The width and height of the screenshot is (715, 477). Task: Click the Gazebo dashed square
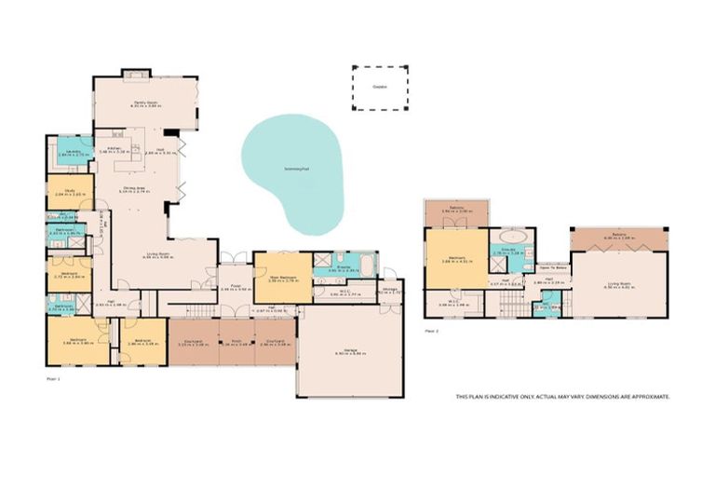379,87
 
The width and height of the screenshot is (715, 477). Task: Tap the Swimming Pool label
298,169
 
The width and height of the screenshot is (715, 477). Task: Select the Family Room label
144,103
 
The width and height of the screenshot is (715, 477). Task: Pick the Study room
71,192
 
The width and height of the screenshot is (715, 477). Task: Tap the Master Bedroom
282,276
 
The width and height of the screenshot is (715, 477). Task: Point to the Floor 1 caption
53,379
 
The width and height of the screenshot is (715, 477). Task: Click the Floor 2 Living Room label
619,286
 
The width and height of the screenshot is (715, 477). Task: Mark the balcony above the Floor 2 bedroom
456,211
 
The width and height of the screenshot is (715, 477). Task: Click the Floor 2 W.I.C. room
452,301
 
